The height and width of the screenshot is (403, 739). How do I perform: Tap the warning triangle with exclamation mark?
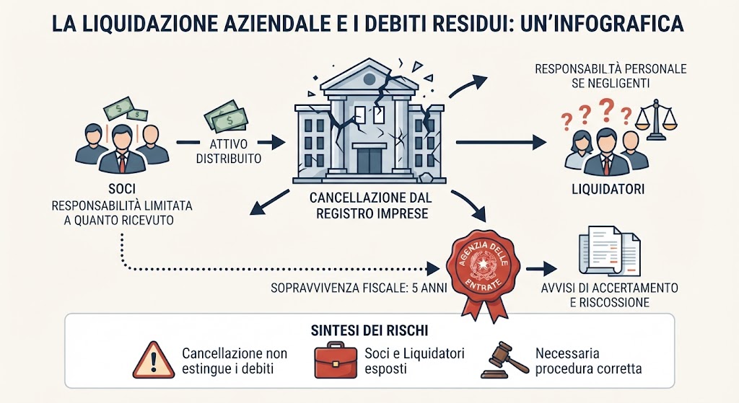tap(154, 360)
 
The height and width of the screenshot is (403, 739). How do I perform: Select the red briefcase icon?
tap(336, 360)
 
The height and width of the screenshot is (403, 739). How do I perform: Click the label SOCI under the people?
tap(121, 189)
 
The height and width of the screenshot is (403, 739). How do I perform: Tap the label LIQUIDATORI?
tap(608, 190)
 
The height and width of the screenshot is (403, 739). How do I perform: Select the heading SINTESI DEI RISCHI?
tap(369, 330)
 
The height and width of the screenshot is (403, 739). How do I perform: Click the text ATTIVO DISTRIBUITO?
tap(229, 151)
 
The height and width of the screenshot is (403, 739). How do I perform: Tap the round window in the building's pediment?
tap(369, 79)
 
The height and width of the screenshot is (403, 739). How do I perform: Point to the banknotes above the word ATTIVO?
tap(226, 115)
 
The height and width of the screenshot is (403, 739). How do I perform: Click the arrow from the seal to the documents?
tap(541, 269)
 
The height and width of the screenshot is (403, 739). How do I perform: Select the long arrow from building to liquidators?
tap(501, 142)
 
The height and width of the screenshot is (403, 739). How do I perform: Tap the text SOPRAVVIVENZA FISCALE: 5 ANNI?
tap(359, 288)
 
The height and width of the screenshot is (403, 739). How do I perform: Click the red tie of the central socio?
tap(122, 163)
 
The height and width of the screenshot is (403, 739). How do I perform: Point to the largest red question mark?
tap(607, 109)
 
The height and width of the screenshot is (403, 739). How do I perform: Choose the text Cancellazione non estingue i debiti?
tap(235, 360)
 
